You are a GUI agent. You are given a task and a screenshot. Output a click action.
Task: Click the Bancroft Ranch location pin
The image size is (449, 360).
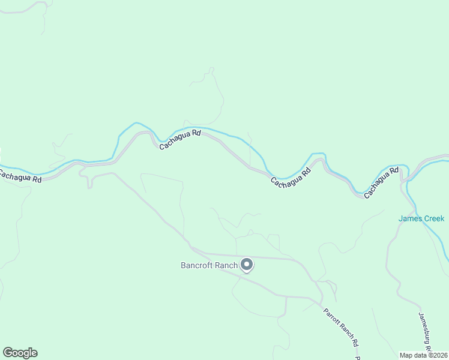(247, 265)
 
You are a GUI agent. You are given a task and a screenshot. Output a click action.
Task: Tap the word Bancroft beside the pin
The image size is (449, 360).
(197, 265)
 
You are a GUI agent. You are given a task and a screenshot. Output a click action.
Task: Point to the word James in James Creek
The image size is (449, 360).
(410, 218)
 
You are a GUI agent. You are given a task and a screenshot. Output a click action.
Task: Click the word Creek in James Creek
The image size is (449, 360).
(434, 218)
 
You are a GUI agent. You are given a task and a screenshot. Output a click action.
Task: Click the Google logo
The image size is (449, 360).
(20, 353)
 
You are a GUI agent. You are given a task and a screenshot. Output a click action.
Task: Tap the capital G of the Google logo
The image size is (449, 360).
(8, 353)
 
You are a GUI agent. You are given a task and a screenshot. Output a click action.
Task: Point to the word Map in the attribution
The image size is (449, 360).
(406, 355)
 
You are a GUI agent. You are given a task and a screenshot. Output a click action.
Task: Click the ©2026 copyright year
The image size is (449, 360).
(438, 355)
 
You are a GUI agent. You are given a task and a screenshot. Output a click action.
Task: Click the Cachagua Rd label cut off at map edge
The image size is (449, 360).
(20, 177)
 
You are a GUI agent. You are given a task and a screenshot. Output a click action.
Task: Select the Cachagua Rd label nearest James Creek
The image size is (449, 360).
(381, 183)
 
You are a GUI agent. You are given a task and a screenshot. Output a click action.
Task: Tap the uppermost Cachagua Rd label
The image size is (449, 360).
(179, 139)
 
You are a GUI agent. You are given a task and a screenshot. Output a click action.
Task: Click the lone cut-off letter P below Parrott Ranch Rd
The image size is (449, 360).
(358, 358)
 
